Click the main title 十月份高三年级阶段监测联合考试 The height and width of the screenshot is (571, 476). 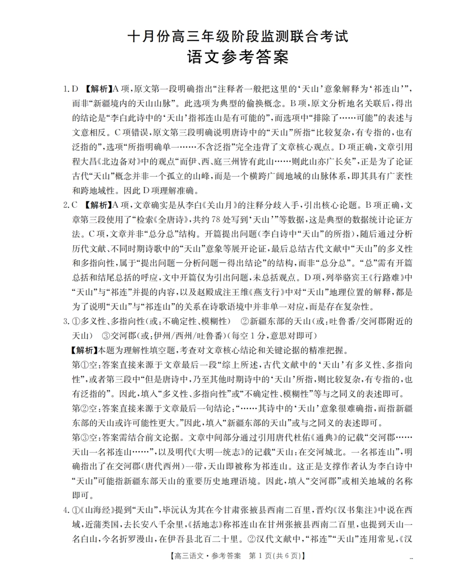(x=237, y=37)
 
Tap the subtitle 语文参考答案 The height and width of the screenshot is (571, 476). (x=237, y=57)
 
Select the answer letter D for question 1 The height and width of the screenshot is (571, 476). (x=75, y=89)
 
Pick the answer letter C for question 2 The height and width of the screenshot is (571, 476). (x=75, y=204)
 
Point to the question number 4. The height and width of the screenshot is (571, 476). (x=65, y=511)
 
